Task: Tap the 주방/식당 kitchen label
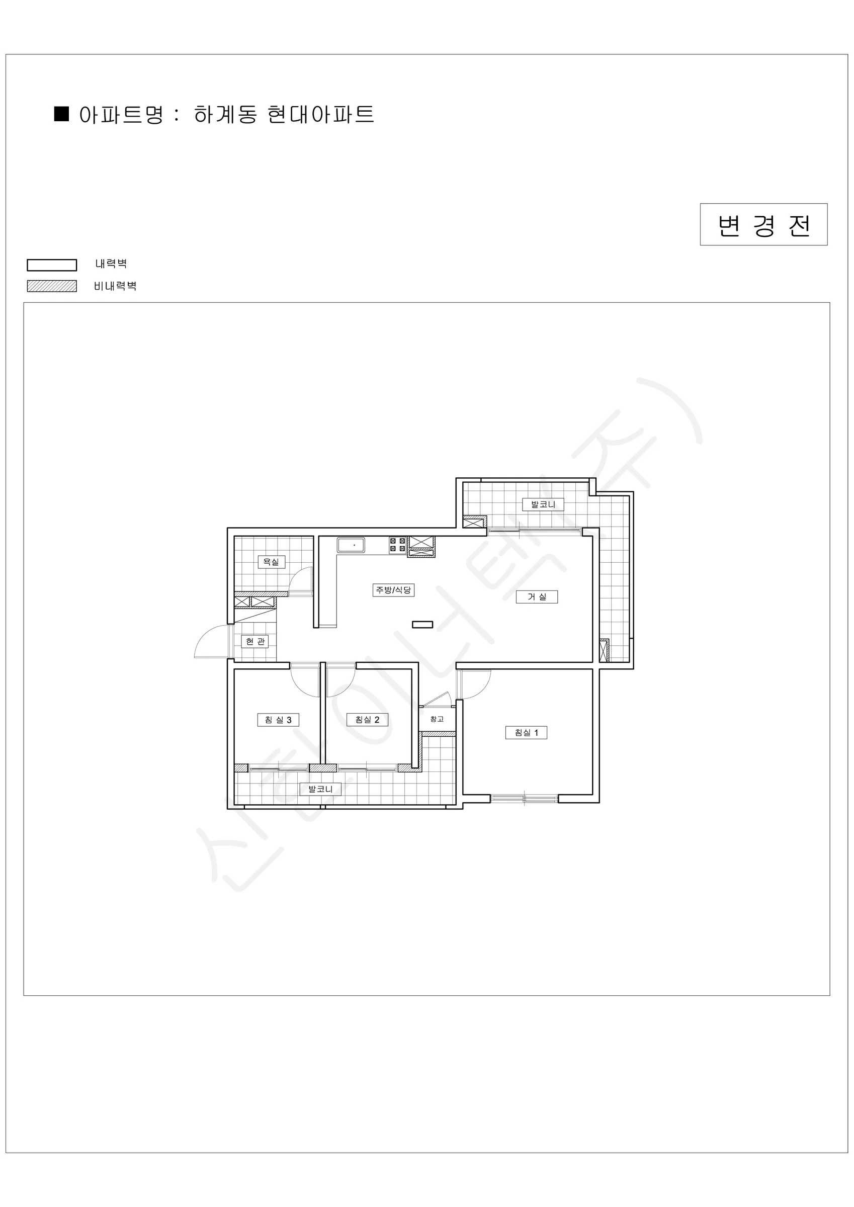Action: pyautogui.click(x=393, y=590)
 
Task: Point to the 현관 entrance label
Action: pyautogui.click(x=255, y=641)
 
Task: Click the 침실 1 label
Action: pyautogui.click(x=526, y=732)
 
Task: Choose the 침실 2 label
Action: pyautogui.click(x=367, y=720)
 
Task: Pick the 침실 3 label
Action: pyautogui.click(x=278, y=720)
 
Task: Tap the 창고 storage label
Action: pyautogui.click(x=437, y=719)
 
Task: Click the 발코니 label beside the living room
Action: pyautogui.click(x=543, y=504)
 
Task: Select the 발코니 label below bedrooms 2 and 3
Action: pyautogui.click(x=320, y=789)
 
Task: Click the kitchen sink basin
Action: pyautogui.click(x=351, y=545)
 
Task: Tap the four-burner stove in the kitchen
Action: pyautogui.click(x=397, y=545)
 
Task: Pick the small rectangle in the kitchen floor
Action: pyautogui.click(x=422, y=625)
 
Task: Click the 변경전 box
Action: pyautogui.click(x=763, y=224)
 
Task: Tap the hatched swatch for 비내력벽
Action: pyautogui.click(x=52, y=286)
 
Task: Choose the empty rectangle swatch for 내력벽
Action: pyautogui.click(x=52, y=265)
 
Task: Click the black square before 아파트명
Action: pyautogui.click(x=62, y=114)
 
